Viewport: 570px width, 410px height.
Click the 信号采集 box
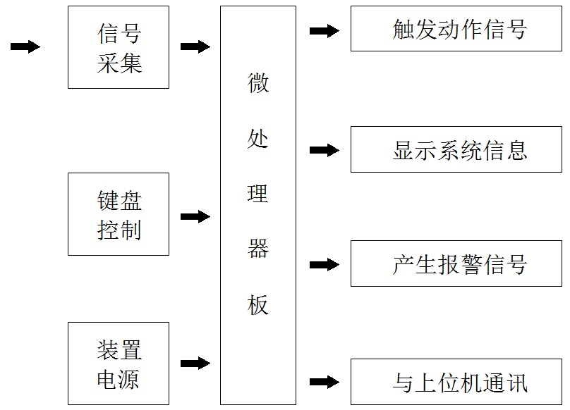point(119,47)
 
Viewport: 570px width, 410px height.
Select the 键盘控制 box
point(119,214)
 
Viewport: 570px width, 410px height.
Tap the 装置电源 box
point(119,364)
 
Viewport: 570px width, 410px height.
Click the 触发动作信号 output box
point(457,30)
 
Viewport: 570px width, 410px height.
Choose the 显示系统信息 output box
point(457,150)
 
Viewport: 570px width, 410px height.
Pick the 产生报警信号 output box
point(457,264)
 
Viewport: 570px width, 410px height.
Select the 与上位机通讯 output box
point(457,382)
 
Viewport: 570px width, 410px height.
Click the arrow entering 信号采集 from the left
point(25,46)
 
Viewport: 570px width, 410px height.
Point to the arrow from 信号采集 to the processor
point(195,46)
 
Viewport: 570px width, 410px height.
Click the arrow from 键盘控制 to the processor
point(195,216)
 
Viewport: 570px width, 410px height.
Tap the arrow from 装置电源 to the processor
point(195,364)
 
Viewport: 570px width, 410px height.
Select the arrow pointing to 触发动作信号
point(325,30)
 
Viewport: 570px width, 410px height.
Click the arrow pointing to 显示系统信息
point(325,150)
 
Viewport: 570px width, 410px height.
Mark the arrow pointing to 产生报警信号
point(325,265)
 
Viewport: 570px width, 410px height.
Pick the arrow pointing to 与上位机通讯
point(325,382)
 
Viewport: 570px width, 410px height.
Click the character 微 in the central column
point(257,84)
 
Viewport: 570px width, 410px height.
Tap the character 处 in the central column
point(257,138)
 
